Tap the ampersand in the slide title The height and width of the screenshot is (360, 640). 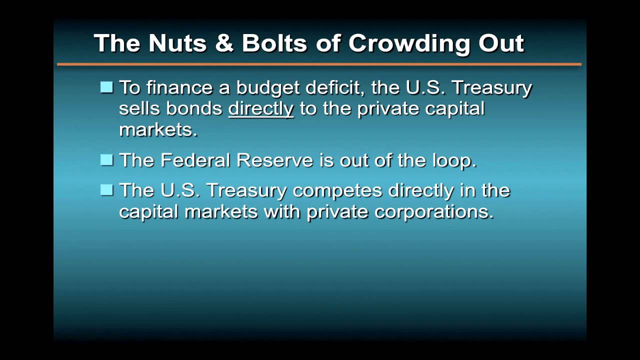[224, 43]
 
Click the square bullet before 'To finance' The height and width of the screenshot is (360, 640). [106, 87]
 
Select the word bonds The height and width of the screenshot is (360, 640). [194, 108]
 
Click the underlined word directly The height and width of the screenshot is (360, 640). [260, 109]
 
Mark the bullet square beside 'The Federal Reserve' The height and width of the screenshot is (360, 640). [106, 160]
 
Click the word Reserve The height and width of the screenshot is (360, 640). [274, 160]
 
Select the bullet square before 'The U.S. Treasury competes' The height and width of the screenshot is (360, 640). [106, 190]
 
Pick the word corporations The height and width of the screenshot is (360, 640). [434, 212]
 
